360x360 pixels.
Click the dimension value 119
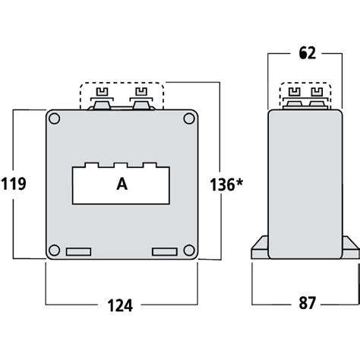[14, 184]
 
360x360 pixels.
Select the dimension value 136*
[226, 184]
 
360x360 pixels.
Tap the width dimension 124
[121, 305]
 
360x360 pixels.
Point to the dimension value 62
[307, 54]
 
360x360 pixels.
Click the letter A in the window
[122, 184]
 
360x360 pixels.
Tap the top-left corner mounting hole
[54, 118]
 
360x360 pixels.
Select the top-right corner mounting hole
[188, 118]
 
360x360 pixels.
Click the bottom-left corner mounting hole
[54, 251]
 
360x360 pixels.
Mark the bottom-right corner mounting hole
[188, 251]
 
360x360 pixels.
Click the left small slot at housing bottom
[78, 251]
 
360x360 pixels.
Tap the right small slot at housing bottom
[164, 251]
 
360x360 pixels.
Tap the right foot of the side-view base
[351, 248]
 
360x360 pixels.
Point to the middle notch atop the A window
[122, 164]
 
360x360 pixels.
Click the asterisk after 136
[242, 181]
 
